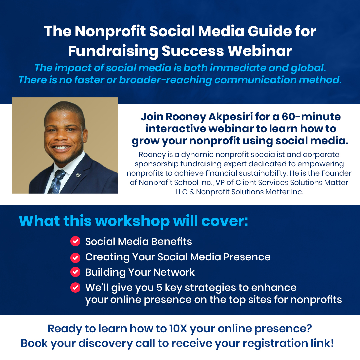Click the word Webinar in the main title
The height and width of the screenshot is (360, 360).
point(260,51)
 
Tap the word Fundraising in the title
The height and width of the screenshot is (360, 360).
point(113,51)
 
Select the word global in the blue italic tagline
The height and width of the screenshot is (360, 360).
point(308,68)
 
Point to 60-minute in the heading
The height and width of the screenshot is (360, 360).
point(311,117)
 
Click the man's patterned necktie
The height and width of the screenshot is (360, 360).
point(55,181)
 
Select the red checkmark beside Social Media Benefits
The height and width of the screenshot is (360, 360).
point(75,241)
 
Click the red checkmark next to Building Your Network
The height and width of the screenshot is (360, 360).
point(75,272)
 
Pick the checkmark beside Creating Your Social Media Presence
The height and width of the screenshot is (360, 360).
point(75,258)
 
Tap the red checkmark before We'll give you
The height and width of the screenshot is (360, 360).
point(75,287)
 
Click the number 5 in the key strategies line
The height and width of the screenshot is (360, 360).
point(159,288)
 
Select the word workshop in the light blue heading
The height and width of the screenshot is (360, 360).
point(132,221)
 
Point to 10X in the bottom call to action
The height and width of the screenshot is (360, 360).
point(178,329)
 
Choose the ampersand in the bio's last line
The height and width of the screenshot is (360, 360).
point(192,192)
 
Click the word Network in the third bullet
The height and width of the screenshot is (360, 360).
point(174,272)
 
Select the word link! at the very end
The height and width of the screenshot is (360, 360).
point(322,343)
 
